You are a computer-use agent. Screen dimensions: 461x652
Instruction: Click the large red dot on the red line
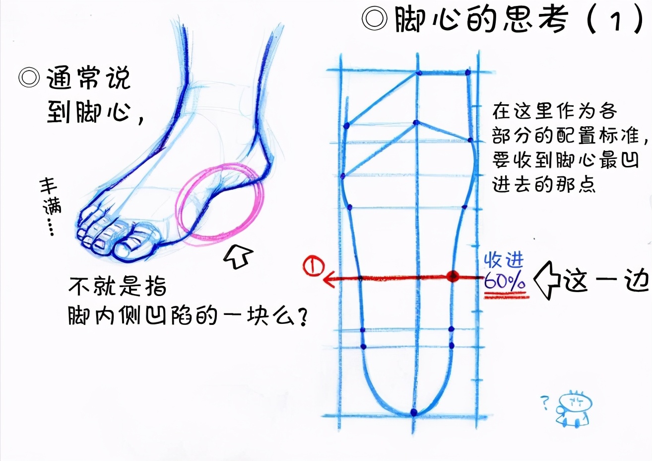(x=452, y=277)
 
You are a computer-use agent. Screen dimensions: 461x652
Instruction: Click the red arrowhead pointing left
(x=329, y=280)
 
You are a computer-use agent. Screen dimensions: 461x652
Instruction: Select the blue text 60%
(x=504, y=282)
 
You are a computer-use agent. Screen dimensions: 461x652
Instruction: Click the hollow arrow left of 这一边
(x=546, y=281)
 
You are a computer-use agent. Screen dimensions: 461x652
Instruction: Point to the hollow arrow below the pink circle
(x=238, y=256)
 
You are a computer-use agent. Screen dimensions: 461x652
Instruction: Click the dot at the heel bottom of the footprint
(x=414, y=412)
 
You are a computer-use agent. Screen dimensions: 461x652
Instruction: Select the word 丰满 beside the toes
(x=50, y=196)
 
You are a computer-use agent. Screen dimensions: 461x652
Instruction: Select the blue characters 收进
(x=504, y=260)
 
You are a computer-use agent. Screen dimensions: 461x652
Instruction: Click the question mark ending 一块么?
(x=300, y=316)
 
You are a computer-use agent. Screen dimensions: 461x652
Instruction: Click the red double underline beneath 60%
(x=506, y=295)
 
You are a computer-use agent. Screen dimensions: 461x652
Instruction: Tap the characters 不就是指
(x=117, y=286)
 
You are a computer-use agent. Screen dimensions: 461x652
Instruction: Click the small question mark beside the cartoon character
(x=544, y=402)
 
